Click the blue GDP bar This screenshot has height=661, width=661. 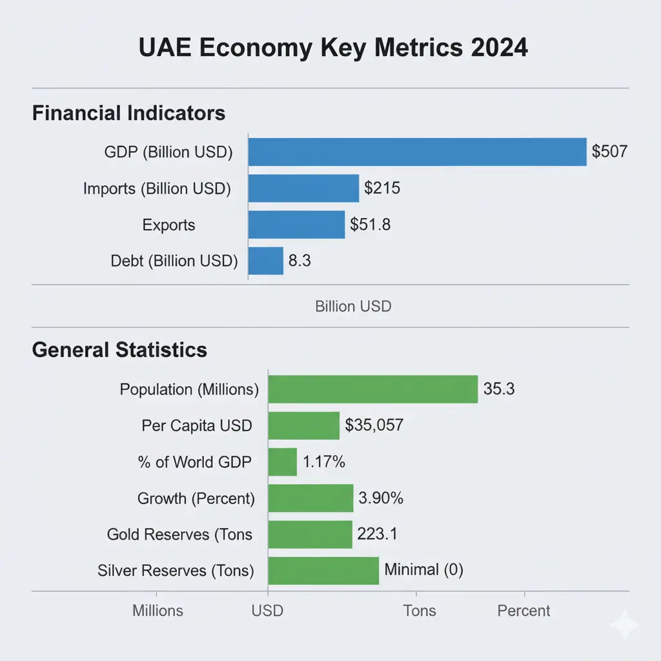[417, 152]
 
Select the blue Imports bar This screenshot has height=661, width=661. [303, 188]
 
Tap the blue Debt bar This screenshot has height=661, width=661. [266, 261]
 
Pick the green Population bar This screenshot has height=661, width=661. [373, 389]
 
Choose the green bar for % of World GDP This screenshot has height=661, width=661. [282, 462]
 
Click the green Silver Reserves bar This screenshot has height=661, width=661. [323, 571]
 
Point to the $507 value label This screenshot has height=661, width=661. [609, 152]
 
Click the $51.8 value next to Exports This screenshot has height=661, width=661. [370, 225]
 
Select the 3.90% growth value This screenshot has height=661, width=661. [381, 498]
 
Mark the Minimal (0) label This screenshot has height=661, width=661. [423, 570]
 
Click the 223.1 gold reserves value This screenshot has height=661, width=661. [377, 534]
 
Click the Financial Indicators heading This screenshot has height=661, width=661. [128, 114]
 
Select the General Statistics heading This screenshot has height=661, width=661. [119, 350]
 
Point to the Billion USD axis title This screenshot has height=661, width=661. [353, 306]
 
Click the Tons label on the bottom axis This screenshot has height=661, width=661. [420, 611]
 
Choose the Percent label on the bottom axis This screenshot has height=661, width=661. [524, 611]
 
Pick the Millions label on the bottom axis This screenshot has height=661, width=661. [158, 611]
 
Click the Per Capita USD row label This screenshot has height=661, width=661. [197, 426]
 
